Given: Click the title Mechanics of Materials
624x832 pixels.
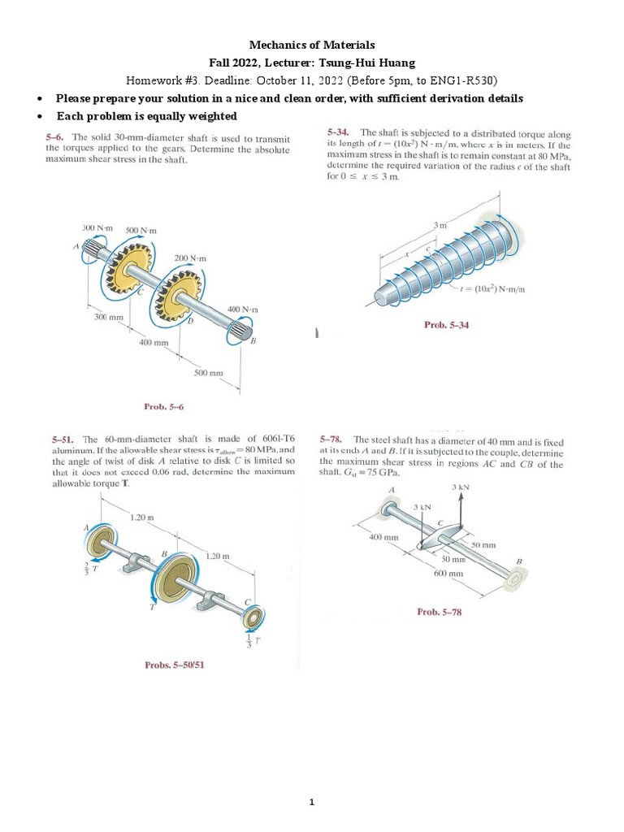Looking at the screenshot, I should [x=312, y=45].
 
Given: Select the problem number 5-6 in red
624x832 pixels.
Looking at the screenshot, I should [x=57, y=137].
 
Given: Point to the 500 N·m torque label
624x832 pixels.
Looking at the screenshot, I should [x=141, y=231].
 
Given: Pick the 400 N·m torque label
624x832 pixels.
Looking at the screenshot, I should [x=243, y=310].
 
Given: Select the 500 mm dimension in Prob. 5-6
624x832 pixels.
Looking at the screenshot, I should [x=208, y=373].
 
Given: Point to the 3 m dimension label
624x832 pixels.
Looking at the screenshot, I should [x=440, y=223].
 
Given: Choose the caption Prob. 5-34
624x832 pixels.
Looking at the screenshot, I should [x=447, y=325].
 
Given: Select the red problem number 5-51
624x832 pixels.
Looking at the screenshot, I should [x=61, y=440].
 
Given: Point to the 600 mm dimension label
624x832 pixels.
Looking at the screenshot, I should [x=449, y=573].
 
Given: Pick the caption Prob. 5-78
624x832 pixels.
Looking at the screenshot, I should [x=440, y=612].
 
